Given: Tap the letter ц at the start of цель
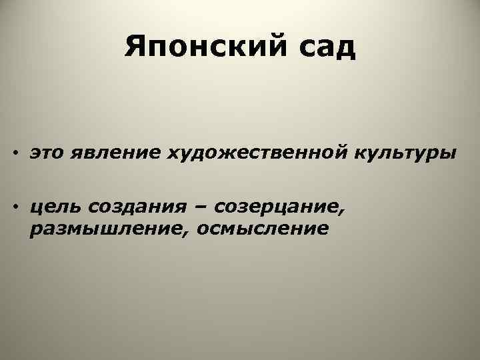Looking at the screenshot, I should tap(35, 210).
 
